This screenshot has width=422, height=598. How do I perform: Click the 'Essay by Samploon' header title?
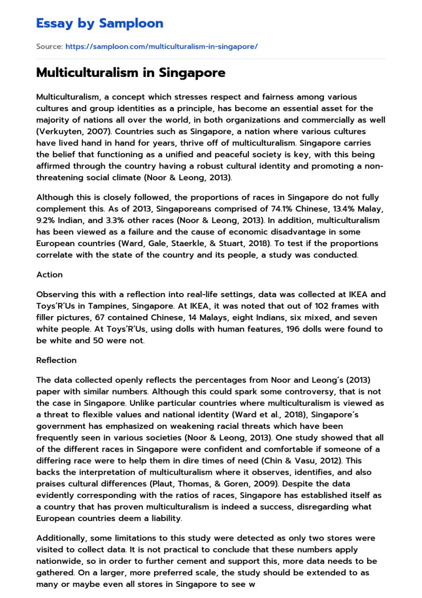(100, 23)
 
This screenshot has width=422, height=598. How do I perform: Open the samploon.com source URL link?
(161, 47)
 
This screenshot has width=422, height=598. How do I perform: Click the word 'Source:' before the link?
(49, 47)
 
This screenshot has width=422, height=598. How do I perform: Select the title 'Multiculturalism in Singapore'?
(130, 73)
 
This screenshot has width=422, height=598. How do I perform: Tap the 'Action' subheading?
(49, 275)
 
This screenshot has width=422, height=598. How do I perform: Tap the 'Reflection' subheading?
(56, 360)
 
